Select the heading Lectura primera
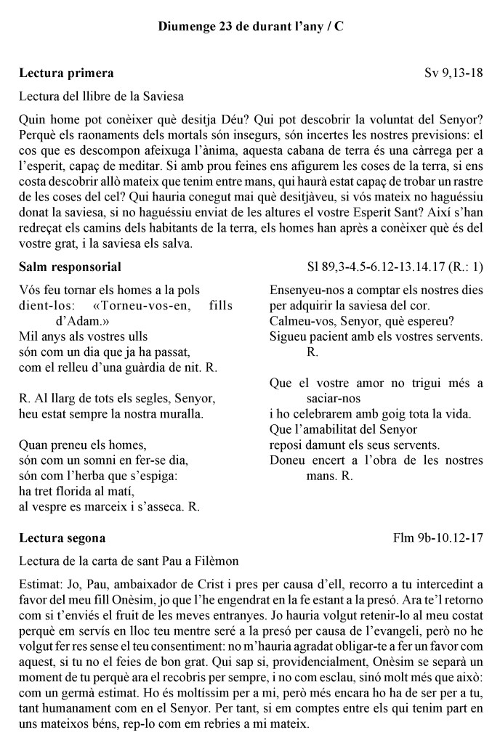click(66, 73)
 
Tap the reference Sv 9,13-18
click(454, 73)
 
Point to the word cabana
click(297, 150)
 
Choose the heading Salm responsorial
click(70, 267)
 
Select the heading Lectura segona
click(62, 538)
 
